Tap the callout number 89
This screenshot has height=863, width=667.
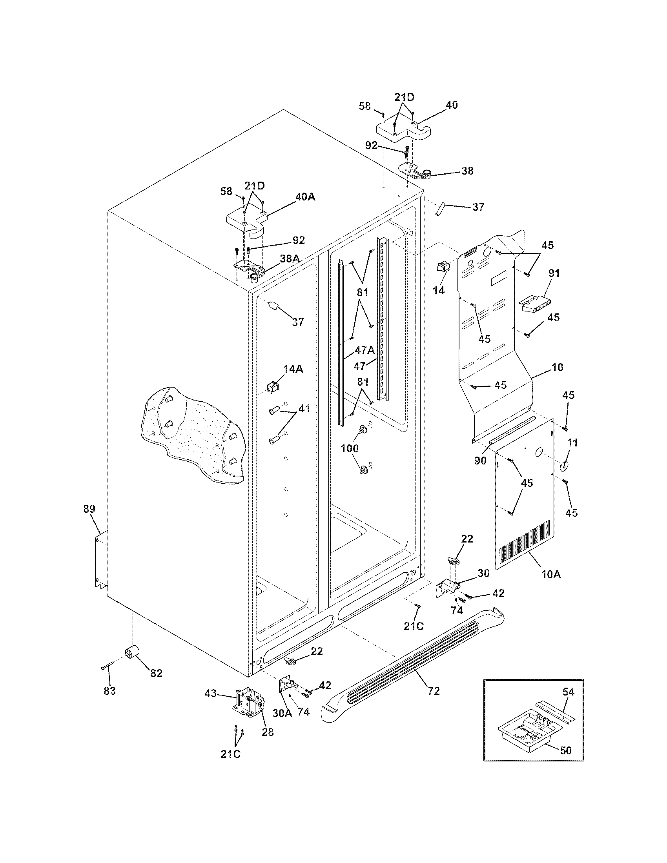[89, 509]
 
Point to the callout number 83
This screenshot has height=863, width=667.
[109, 691]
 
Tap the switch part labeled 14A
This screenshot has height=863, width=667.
[272, 386]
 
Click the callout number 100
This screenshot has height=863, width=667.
[350, 448]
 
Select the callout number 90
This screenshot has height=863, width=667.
[480, 461]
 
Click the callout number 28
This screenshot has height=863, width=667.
[268, 732]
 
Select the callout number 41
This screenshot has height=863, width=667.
[304, 410]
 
